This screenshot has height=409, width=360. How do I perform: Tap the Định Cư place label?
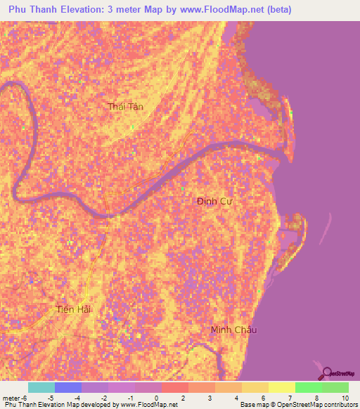[x=214, y=202]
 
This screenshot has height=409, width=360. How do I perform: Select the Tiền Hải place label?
[x=74, y=309]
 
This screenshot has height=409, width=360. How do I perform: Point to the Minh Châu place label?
[x=234, y=330]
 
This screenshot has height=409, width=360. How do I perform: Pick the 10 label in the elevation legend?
[x=344, y=398]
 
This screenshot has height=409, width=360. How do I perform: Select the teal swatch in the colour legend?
[x=41, y=387]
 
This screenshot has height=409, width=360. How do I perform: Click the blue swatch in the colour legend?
[x=67, y=387]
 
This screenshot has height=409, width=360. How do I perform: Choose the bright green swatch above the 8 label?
[x=308, y=387]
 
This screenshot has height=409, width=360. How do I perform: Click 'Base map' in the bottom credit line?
[x=252, y=405]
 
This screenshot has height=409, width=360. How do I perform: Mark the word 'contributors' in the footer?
[x=340, y=405]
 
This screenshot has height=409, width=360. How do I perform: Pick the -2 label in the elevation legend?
[x=104, y=398]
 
